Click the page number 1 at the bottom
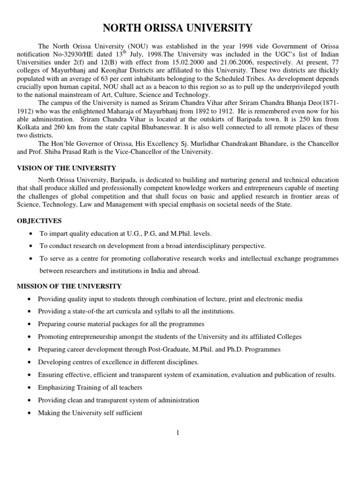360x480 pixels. [178, 433]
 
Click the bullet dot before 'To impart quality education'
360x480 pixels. [30, 233]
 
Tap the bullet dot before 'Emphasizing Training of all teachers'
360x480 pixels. [30, 388]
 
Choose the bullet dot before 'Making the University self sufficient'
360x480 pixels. [30, 413]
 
